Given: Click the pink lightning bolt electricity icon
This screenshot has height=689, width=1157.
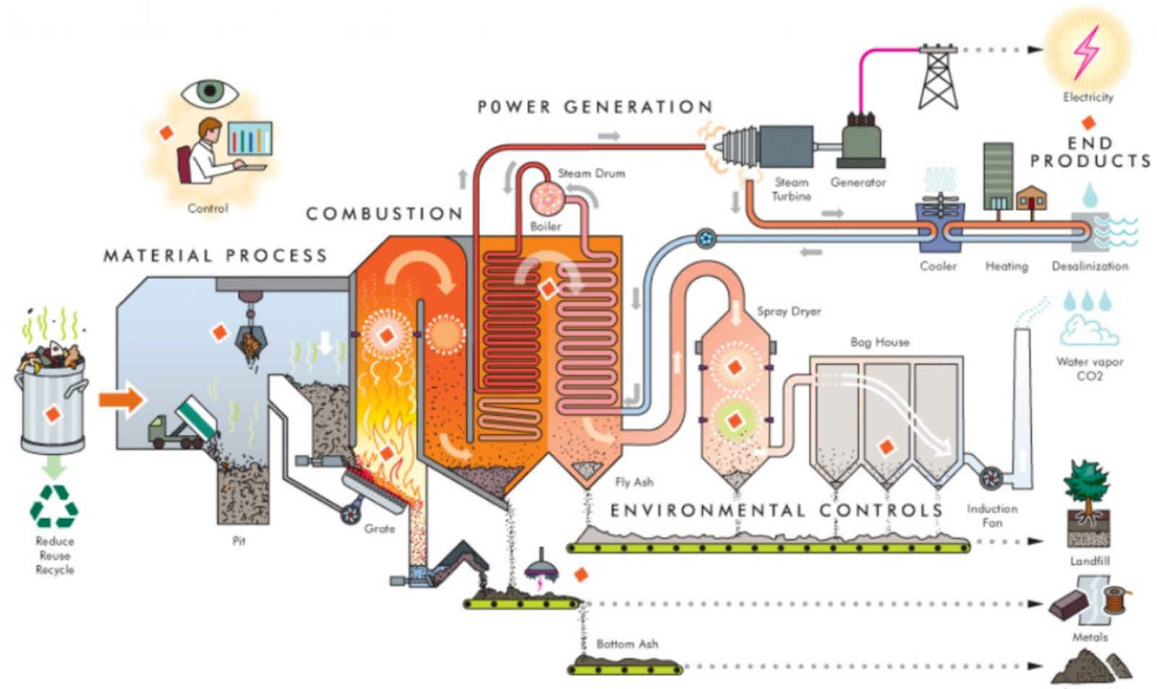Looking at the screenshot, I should pyautogui.click(x=1086, y=52).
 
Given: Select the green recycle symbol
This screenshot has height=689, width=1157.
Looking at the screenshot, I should pyautogui.click(x=54, y=506).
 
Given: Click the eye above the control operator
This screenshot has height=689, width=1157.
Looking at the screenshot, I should pyautogui.click(x=209, y=92).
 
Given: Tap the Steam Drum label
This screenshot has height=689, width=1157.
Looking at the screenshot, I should pyautogui.click(x=591, y=174).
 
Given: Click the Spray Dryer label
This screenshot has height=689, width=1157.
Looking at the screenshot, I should pyautogui.click(x=788, y=311).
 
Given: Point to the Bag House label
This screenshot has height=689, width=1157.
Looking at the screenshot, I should pyautogui.click(x=879, y=342).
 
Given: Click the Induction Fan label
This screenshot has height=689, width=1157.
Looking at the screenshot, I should pyautogui.click(x=991, y=515).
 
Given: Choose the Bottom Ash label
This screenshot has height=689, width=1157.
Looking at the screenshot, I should pyautogui.click(x=627, y=643).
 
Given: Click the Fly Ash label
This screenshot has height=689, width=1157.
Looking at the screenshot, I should pyautogui.click(x=634, y=482).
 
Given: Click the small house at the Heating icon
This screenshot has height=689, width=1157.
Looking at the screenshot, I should pyautogui.click(x=1030, y=198).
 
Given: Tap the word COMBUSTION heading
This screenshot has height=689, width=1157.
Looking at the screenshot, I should pyautogui.click(x=384, y=214).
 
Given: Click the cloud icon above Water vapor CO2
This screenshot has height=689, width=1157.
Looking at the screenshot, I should pyautogui.click(x=1088, y=331).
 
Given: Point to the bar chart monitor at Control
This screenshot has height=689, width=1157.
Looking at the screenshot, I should pyautogui.click(x=250, y=138).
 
